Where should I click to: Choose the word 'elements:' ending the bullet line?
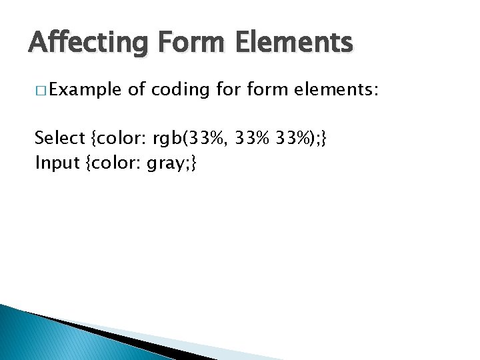coord(344,89)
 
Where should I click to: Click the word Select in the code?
coord(59,138)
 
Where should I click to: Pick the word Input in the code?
coord(57,162)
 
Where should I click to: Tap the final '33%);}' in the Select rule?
coord(302,138)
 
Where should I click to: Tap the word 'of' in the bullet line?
coord(135,89)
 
